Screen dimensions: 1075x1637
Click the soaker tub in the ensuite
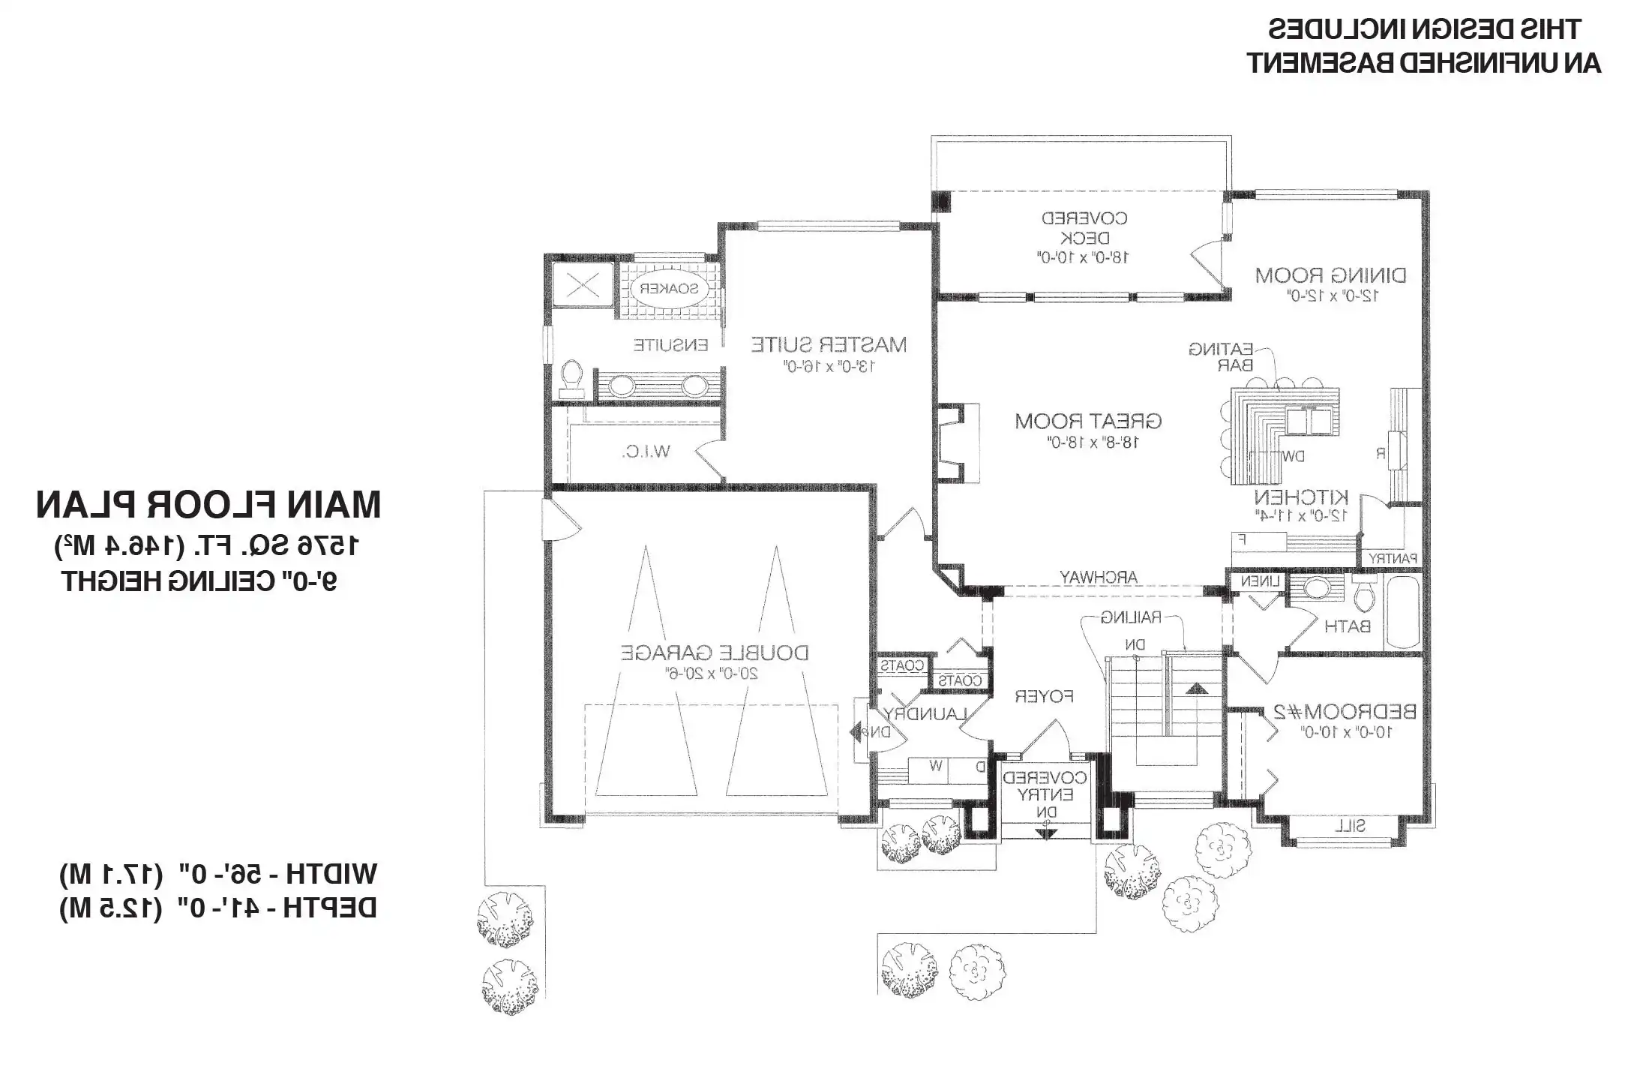point(667,288)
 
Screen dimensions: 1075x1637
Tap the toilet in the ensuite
point(572,378)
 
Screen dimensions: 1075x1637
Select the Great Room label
point(1088,421)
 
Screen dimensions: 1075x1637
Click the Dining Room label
point(1330,275)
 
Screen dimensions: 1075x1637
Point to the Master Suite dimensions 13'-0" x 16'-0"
point(829,367)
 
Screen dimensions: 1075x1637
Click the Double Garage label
point(714,653)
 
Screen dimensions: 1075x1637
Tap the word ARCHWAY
point(1098,577)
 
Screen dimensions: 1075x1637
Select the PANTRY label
point(1393,558)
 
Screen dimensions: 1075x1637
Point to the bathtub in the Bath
point(1402,611)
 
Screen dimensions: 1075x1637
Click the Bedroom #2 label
point(1345,711)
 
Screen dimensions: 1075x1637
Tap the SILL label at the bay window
point(1350,826)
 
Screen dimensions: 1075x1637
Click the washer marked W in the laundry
point(935,767)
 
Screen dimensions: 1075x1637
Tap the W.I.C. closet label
point(646,452)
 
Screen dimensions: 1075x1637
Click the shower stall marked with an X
point(582,285)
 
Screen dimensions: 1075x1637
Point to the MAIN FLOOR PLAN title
point(208,505)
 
